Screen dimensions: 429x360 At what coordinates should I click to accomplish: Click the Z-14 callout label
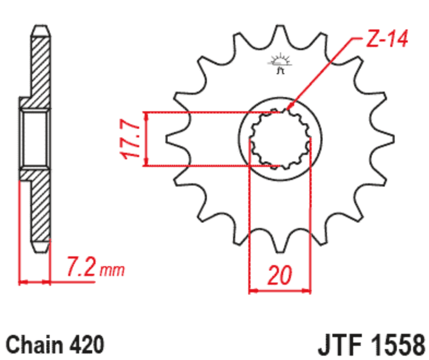tap(387, 38)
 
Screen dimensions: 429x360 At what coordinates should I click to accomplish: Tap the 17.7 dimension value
tap(130, 139)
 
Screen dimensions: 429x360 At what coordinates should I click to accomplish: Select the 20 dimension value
tap(280, 275)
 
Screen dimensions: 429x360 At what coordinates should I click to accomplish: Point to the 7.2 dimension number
tap(81, 266)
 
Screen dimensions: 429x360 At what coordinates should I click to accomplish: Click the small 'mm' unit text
tap(112, 271)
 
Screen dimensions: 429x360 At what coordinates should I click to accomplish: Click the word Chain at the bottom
tap(34, 344)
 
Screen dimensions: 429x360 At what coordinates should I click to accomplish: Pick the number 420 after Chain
tap(87, 344)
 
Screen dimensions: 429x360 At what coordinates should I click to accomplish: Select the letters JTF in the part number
tap(340, 344)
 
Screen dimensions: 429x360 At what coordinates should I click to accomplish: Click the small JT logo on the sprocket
tap(280, 63)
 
